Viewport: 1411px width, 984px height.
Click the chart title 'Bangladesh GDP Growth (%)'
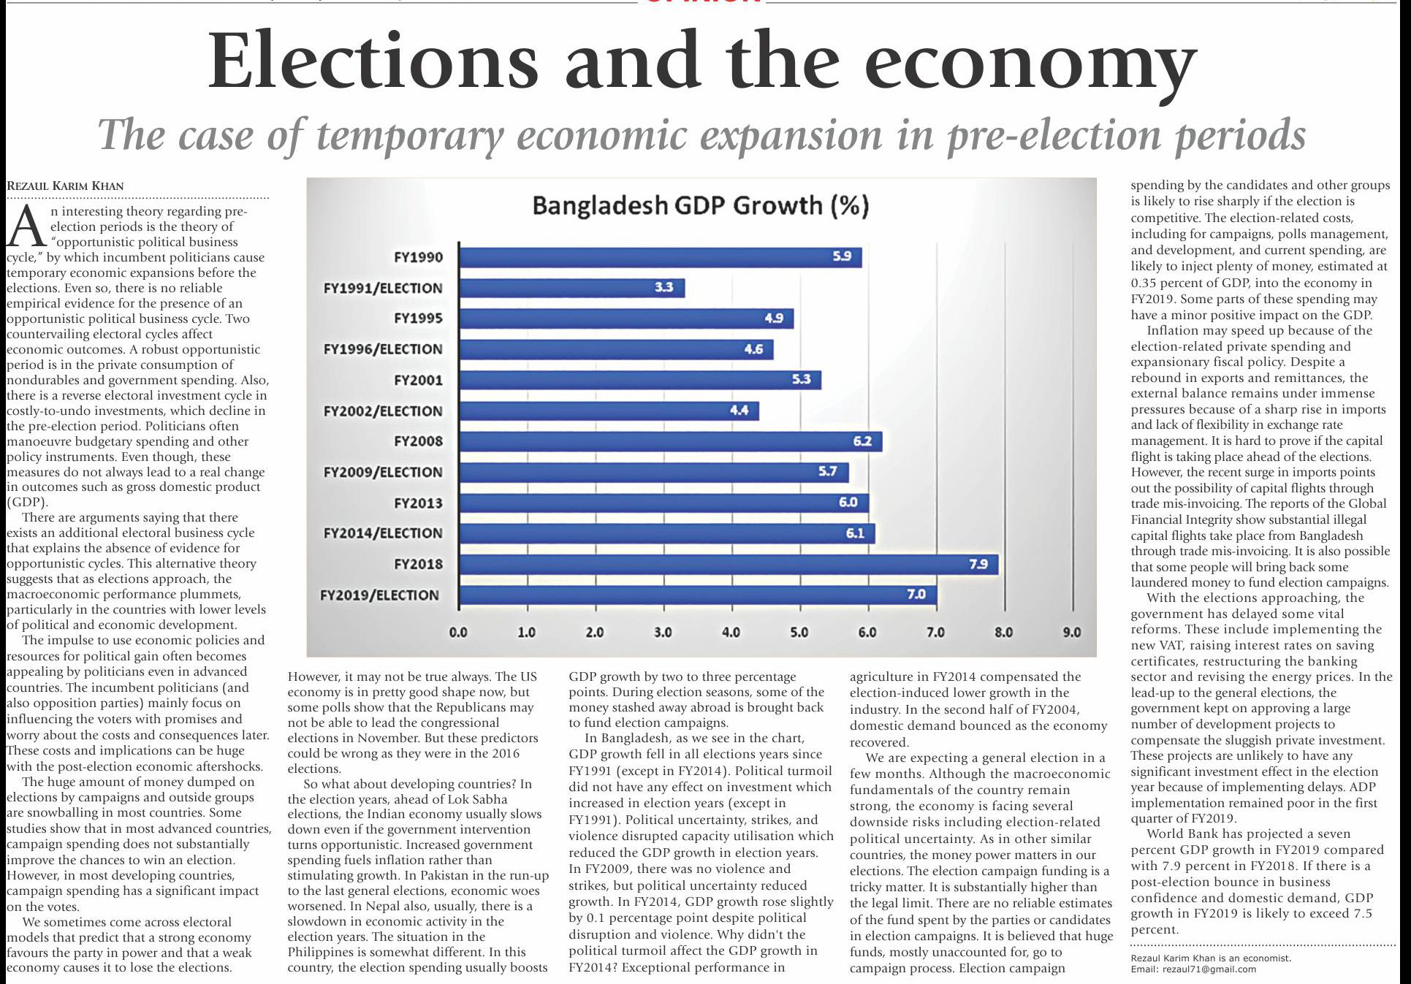pyautogui.click(x=700, y=205)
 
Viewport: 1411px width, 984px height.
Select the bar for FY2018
pyautogui.click(x=728, y=564)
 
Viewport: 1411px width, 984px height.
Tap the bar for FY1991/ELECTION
pyautogui.click(x=571, y=288)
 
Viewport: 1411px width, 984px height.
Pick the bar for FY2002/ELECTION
pyautogui.click(x=609, y=411)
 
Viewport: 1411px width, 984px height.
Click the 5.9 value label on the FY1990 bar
pyautogui.click(x=842, y=257)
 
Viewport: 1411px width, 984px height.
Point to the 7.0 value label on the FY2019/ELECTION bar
pyautogui.click(x=916, y=595)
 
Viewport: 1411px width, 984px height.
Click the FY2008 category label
pyautogui.click(x=418, y=441)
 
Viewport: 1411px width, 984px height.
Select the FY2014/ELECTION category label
pyautogui.click(x=383, y=533)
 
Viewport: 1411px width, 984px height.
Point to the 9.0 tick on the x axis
pyautogui.click(x=1071, y=633)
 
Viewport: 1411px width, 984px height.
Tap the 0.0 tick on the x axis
pyautogui.click(x=458, y=633)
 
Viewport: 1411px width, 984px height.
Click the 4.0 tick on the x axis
pyautogui.click(x=731, y=633)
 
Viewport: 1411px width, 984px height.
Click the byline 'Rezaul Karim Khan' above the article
pyautogui.click(x=65, y=186)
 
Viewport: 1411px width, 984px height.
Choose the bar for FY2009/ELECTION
pyautogui.click(x=654, y=472)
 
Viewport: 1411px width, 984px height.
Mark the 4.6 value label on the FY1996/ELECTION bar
pyautogui.click(x=753, y=349)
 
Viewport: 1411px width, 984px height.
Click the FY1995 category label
pyautogui.click(x=418, y=319)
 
